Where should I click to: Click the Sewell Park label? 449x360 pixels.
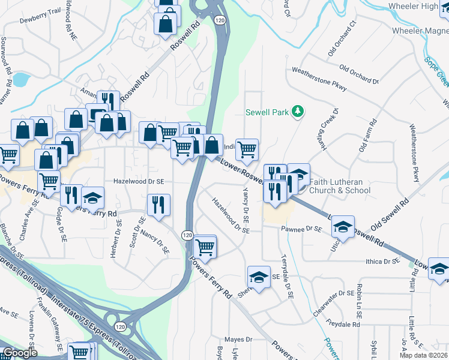click(268, 112)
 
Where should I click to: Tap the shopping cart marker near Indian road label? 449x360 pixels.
click(247, 149)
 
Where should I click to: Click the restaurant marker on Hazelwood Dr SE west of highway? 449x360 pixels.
click(159, 204)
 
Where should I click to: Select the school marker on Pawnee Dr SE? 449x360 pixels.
click(343, 226)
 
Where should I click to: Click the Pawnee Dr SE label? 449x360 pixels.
click(305, 229)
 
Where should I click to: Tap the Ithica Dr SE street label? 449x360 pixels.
click(382, 262)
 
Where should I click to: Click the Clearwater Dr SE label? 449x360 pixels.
click(334, 293)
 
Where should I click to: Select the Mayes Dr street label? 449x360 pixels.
click(240, 339)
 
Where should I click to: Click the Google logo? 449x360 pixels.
click(20, 353)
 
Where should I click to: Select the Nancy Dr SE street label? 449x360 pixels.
click(161, 245)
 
